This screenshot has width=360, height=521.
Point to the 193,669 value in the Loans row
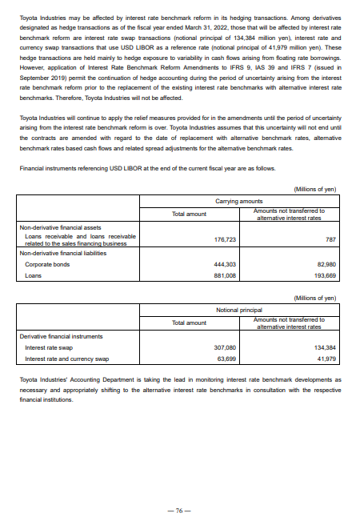pos(326,253)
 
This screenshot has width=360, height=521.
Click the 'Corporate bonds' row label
pos(46,241)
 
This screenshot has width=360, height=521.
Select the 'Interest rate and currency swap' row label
pos(66,338)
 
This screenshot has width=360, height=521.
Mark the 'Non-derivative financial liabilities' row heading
pos(65,230)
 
